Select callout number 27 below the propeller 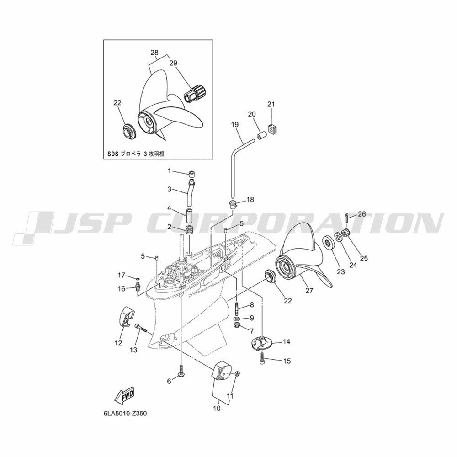309,290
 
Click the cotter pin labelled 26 348,218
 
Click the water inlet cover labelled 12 127,317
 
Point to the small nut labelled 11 237,373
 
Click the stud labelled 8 236,308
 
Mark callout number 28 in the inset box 154,53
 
